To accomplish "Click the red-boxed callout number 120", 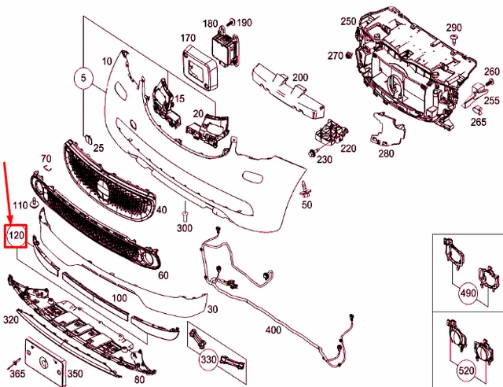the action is [x=16, y=236].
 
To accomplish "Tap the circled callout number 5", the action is [x=83, y=78].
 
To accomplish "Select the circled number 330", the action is [x=208, y=359].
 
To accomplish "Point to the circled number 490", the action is [x=468, y=293].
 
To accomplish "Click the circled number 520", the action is [x=466, y=371].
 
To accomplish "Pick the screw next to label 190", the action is [x=231, y=23].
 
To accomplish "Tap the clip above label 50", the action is [x=305, y=190].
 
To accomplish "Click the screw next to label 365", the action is [x=16, y=363].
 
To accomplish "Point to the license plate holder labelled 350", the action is [x=46, y=362].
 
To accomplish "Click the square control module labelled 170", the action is [x=199, y=67].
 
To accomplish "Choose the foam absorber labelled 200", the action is [x=287, y=91].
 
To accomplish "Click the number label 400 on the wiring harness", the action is [x=274, y=330].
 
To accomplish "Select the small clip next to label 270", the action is [x=349, y=55].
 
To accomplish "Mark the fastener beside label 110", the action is [x=34, y=203].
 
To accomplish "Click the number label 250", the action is [x=348, y=21].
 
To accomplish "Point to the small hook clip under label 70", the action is [x=47, y=168].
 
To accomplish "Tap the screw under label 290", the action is [x=454, y=39].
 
